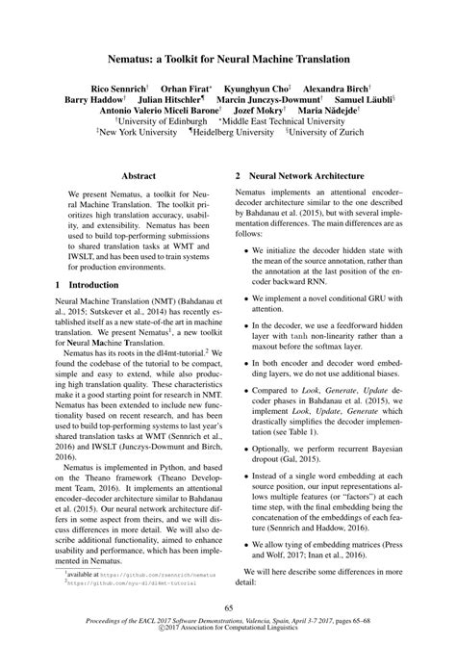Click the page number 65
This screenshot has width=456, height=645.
pyautogui.click(x=228, y=607)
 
